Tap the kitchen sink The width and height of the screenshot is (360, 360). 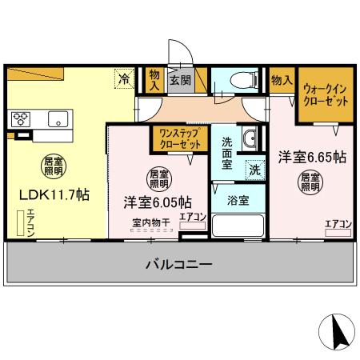coord(58,119)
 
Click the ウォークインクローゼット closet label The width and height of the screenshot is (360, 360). coord(325,97)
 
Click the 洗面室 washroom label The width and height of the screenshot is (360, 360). coord(227,152)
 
